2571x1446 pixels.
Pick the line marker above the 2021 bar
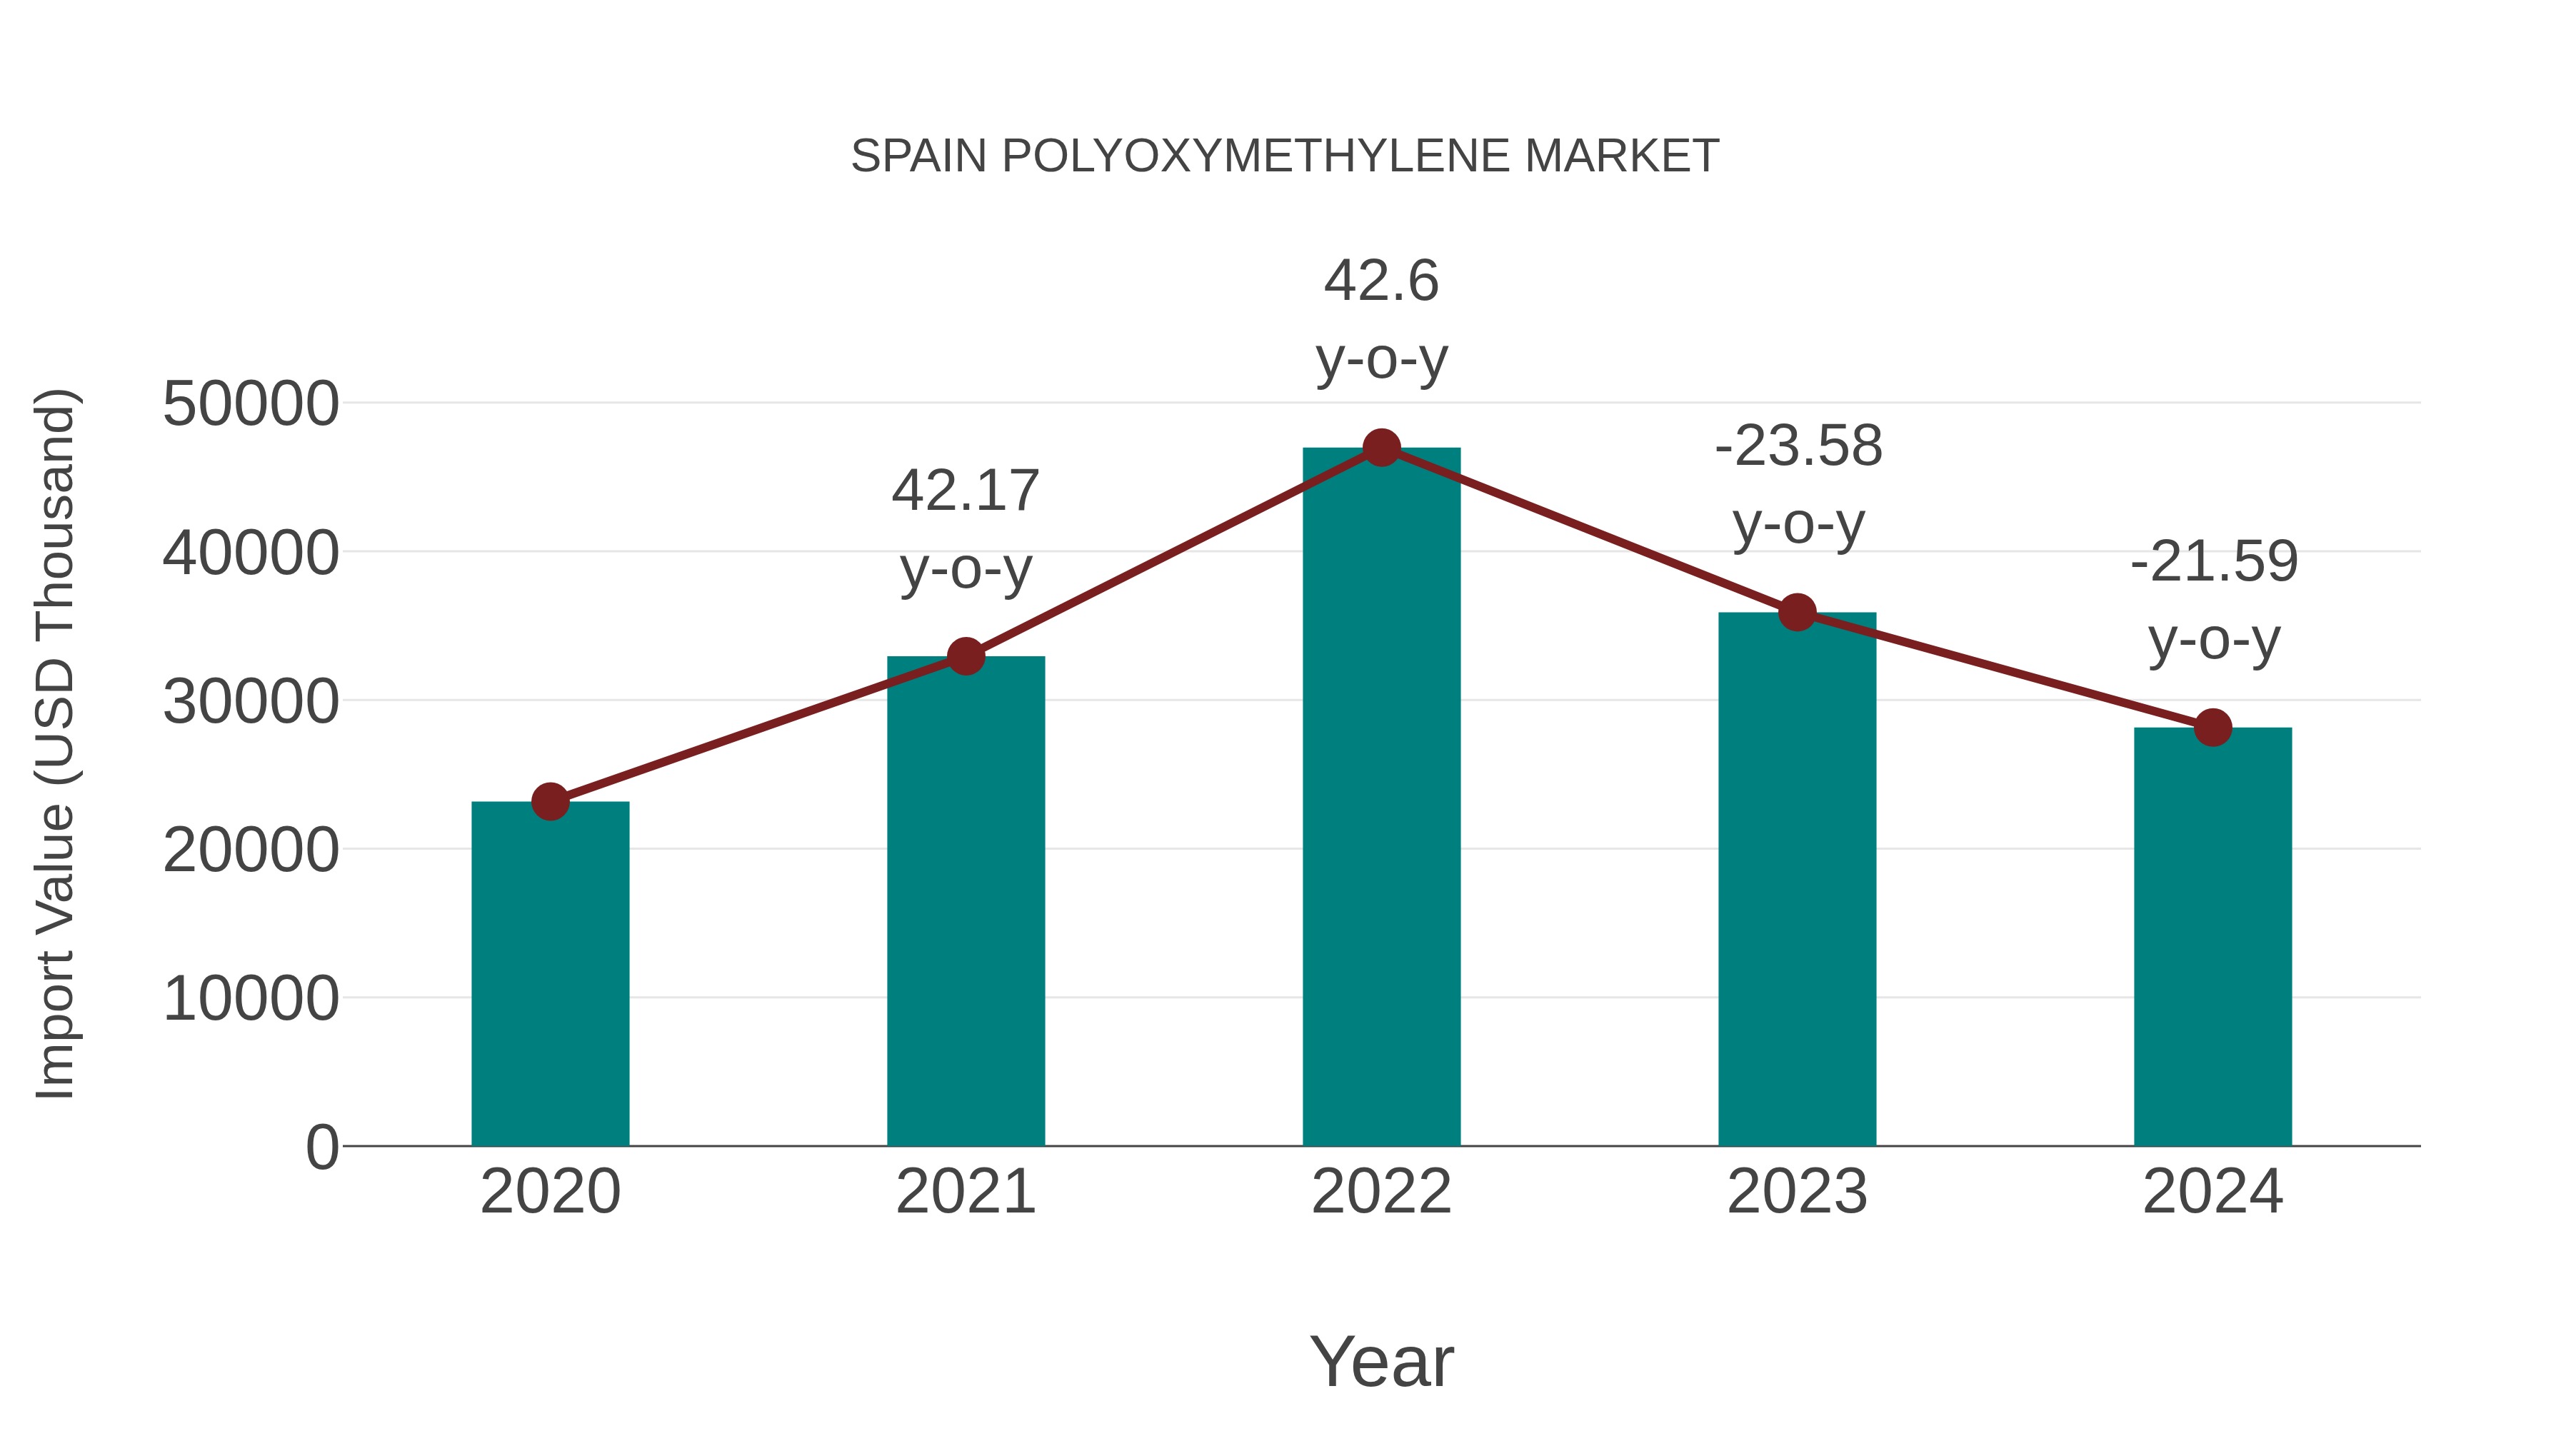(965, 657)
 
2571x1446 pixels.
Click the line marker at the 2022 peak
(1381, 448)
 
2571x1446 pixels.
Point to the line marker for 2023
(1797, 613)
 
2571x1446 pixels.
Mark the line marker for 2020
(550, 801)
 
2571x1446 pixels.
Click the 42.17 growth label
(965, 491)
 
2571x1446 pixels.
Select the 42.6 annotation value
(1381, 281)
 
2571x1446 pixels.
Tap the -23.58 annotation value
(1798, 446)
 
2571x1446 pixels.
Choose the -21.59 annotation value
(2214, 562)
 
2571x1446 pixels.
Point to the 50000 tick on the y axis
(251, 404)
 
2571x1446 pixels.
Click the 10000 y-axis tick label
(251, 998)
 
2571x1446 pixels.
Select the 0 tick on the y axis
(322, 1147)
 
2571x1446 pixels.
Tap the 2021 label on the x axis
(965, 1192)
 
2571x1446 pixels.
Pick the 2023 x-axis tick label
(1797, 1192)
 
